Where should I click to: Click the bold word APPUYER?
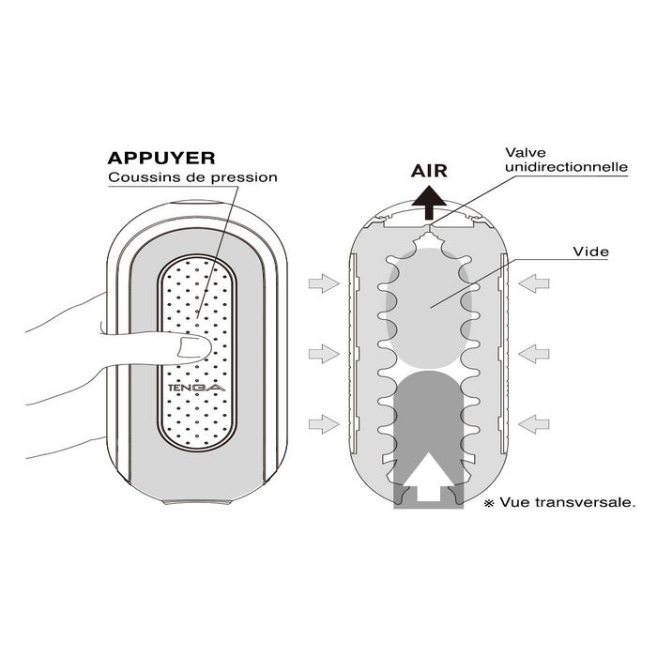(161, 158)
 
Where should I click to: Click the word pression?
(244, 177)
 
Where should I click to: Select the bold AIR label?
(429, 171)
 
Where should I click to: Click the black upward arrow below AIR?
(429, 204)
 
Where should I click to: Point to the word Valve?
(526, 152)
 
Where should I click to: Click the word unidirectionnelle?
(567, 167)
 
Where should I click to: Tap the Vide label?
(590, 252)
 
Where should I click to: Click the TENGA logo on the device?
(196, 388)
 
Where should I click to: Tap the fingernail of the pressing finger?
(193, 348)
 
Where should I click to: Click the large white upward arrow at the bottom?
(429, 476)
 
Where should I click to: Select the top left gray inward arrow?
(324, 283)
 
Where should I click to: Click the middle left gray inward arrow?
(324, 354)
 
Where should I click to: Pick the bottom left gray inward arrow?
(324, 424)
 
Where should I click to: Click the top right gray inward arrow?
(534, 283)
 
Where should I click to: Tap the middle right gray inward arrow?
(534, 354)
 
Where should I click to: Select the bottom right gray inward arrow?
(534, 424)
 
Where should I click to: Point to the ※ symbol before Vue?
(489, 503)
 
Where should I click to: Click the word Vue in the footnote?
(515, 502)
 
